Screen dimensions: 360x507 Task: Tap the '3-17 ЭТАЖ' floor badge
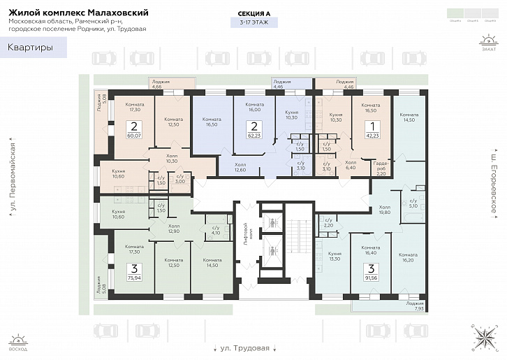click(253, 23)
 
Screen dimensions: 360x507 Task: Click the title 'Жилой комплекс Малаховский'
click(79, 11)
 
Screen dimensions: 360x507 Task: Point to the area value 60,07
click(133, 136)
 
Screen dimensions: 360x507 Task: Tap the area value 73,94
click(133, 277)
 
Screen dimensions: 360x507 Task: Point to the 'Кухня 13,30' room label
click(335, 256)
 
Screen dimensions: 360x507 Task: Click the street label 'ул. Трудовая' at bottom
click(244, 347)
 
